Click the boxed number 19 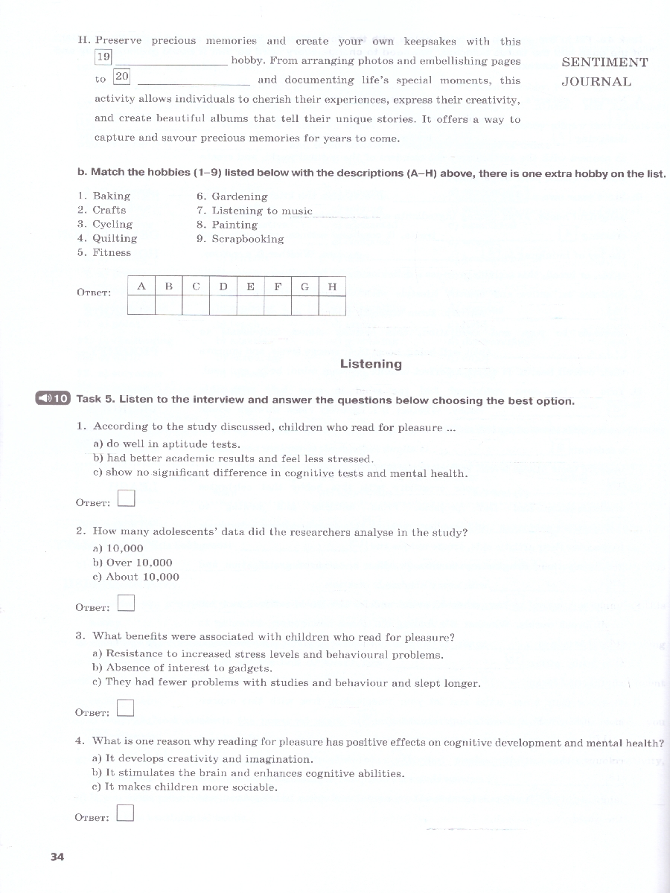click(x=103, y=57)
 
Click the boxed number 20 click(x=122, y=77)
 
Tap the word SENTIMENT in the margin click(x=604, y=63)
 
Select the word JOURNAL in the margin click(x=596, y=82)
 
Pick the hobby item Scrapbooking click(x=240, y=239)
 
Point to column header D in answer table click(x=223, y=287)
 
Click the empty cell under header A click(x=141, y=306)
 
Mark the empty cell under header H click(x=332, y=306)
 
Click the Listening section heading click(x=371, y=364)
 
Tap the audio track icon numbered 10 click(x=52, y=399)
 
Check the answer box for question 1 click(x=126, y=499)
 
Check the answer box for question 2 click(x=126, y=603)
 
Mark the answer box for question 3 click(x=126, y=708)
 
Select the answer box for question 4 click(x=126, y=813)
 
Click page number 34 click(x=57, y=857)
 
